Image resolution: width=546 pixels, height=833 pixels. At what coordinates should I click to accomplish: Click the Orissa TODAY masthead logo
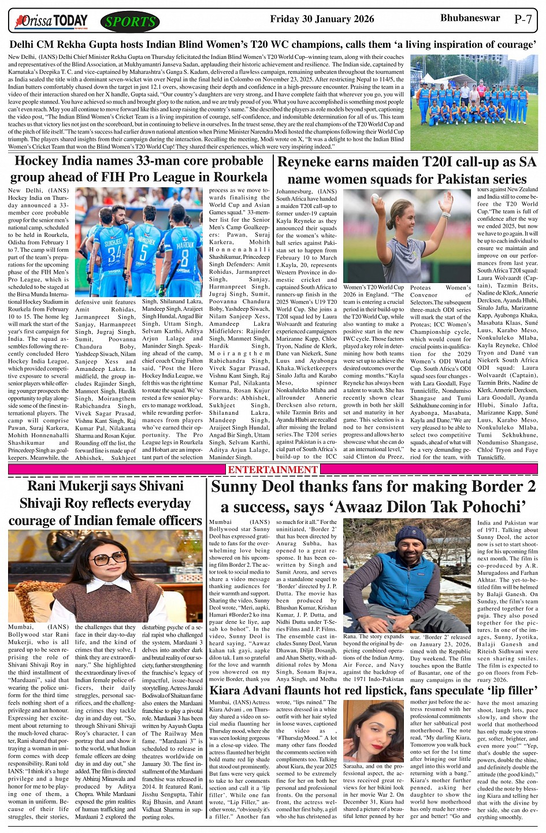[x=53, y=22]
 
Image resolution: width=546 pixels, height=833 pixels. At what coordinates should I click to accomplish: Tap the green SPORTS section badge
[x=131, y=22]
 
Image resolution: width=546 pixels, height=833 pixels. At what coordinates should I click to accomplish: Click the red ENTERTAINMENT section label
[x=272, y=470]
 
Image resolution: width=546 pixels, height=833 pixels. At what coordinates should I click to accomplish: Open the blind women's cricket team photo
[x=474, y=102]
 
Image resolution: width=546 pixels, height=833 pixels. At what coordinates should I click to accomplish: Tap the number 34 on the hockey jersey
[x=114, y=251]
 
